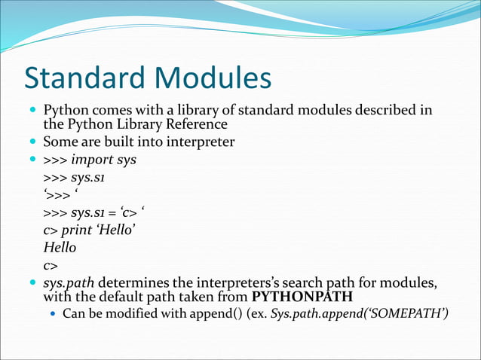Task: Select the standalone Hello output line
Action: click(60, 246)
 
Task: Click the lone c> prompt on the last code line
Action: click(51, 264)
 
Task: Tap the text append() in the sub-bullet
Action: click(213, 313)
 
